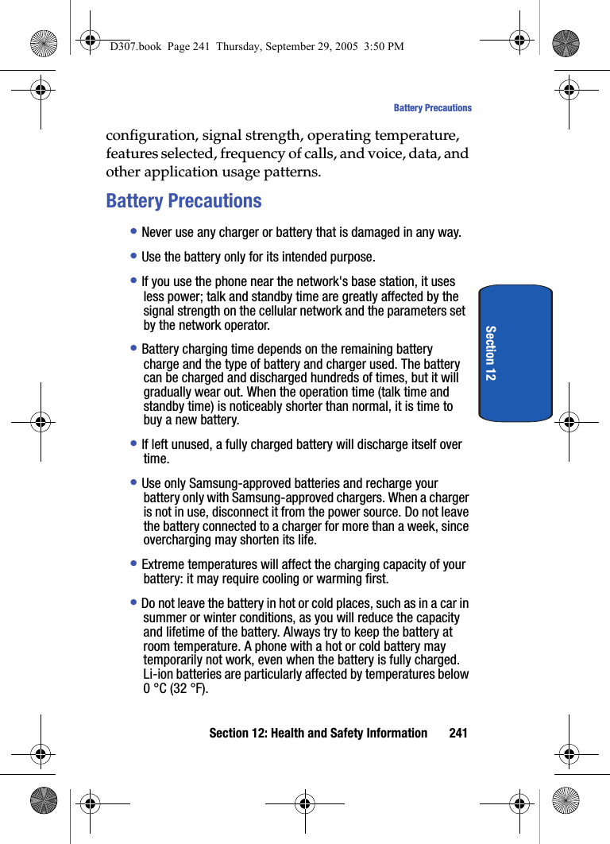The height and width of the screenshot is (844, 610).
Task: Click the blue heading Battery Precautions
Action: pyautogui.click(x=183, y=201)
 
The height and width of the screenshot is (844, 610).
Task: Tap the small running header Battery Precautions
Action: pyautogui.click(x=432, y=108)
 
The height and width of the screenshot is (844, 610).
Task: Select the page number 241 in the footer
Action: pyautogui.click(x=458, y=733)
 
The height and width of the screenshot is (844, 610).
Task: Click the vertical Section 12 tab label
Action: pyautogui.click(x=491, y=352)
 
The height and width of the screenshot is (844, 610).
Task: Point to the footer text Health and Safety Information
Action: pyautogui.click(x=349, y=733)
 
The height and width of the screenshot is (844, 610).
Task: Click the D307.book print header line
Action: pyautogui.click(x=257, y=47)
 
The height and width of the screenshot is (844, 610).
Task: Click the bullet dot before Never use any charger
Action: pyautogui.click(x=135, y=232)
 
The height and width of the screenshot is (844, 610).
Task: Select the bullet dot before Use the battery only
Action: pyautogui.click(x=135, y=257)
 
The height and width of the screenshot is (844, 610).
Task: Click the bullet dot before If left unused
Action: pyautogui.click(x=135, y=444)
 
